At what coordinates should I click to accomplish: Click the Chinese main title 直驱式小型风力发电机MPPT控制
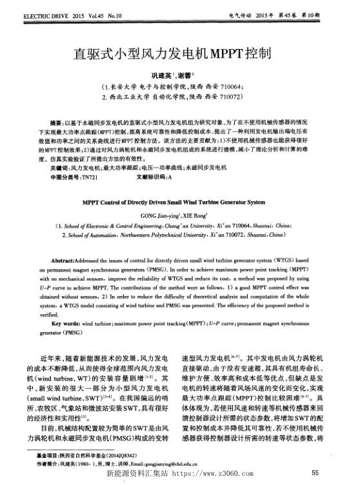point(179,54)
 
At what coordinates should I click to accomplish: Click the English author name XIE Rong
point(194,216)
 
